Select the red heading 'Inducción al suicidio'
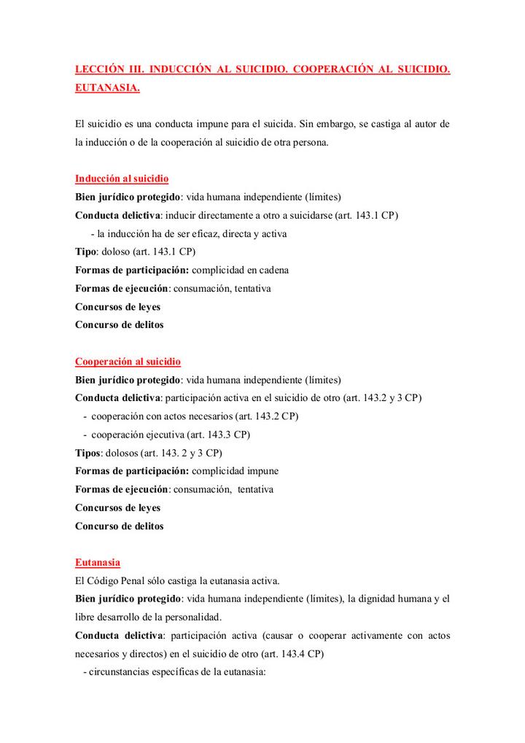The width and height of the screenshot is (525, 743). [x=122, y=179]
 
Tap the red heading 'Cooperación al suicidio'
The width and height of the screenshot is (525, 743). [x=128, y=362]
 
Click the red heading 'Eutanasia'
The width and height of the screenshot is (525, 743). [x=98, y=562]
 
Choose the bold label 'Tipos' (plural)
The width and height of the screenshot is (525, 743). [x=88, y=453]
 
